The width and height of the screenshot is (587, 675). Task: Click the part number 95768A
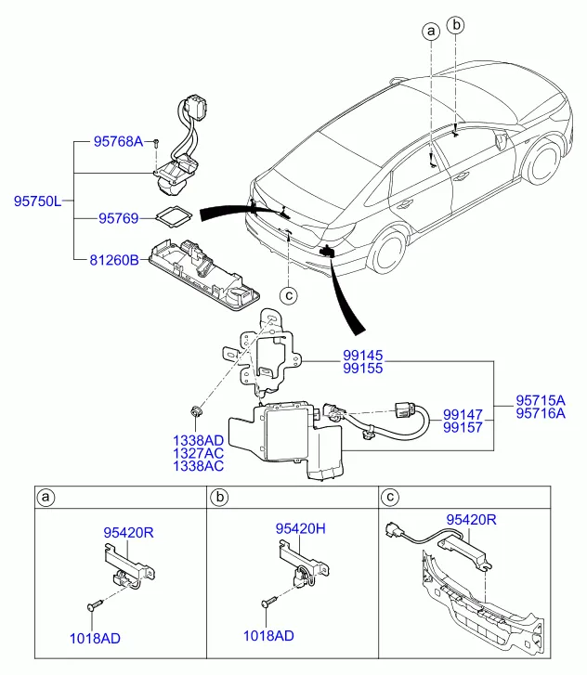click(119, 142)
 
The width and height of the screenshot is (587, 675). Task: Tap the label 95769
click(118, 219)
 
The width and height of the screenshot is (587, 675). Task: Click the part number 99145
click(337, 356)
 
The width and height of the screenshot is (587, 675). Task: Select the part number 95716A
click(541, 414)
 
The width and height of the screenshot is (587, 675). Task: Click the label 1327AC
click(198, 452)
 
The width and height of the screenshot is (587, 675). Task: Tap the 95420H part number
click(300, 528)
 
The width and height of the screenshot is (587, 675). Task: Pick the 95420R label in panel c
click(471, 520)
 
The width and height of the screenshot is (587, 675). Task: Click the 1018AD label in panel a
click(95, 638)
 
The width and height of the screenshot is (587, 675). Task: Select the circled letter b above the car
click(457, 25)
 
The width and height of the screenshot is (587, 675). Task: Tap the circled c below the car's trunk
click(289, 296)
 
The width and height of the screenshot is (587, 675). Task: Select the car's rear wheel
click(389, 252)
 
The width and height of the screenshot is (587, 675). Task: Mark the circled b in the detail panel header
click(220, 499)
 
